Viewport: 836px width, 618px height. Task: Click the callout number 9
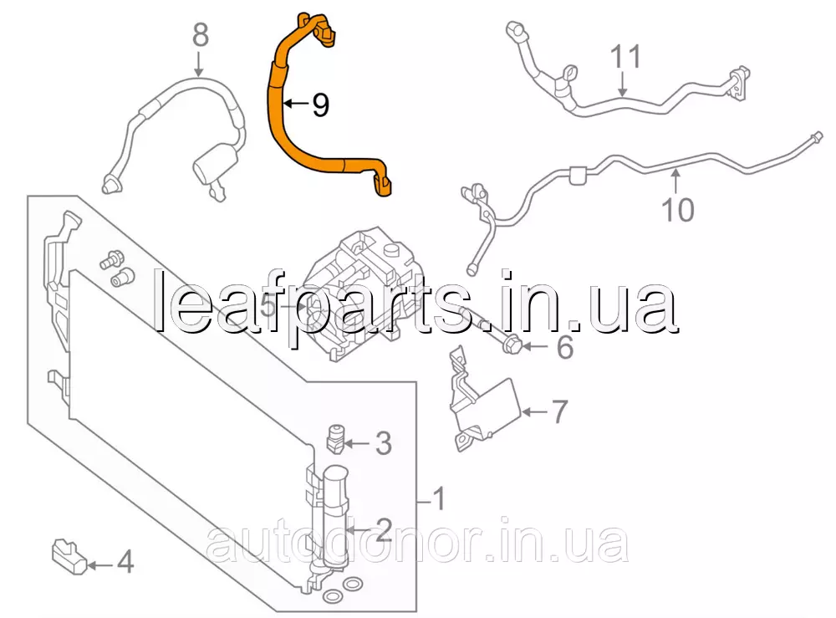click(319, 105)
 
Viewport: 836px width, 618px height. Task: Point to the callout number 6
click(565, 347)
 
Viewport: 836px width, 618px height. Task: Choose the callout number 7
click(558, 411)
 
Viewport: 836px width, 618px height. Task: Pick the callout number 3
click(382, 444)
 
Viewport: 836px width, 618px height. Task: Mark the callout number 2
click(383, 528)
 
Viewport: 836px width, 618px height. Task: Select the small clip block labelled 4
click(69, 557)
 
